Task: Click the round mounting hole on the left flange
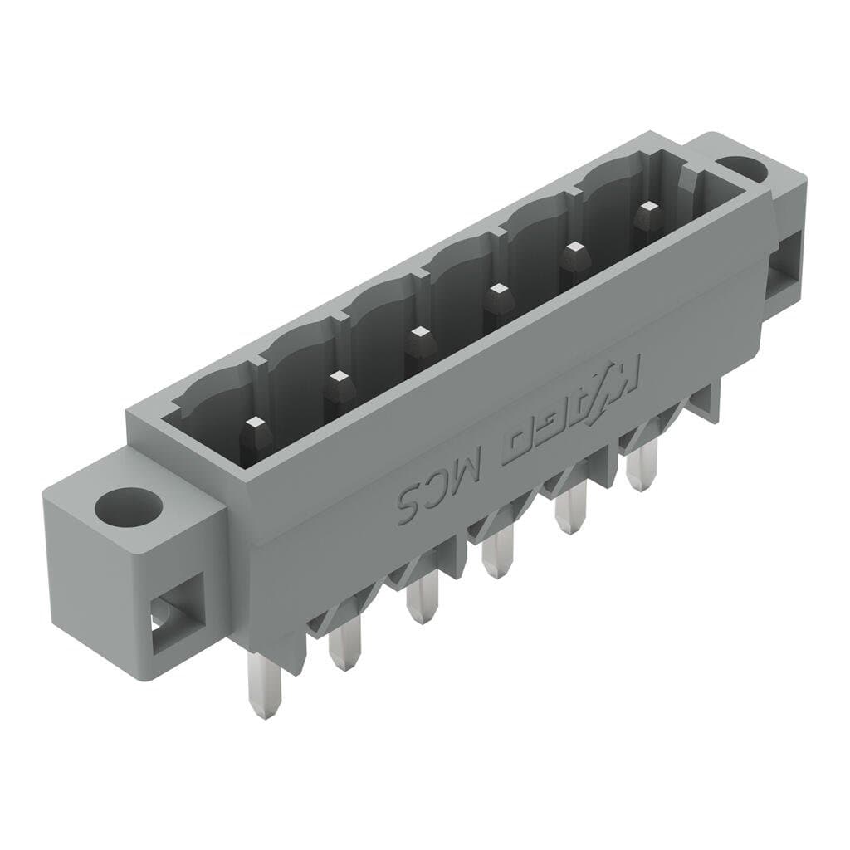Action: click(x=128, y=506)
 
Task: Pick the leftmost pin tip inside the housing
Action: click(x=255, y=429)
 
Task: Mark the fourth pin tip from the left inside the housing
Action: click(x=498, y=291)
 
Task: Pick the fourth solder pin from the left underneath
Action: click(x=498, y=554)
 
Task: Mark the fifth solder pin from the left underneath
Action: click(x=571, y=513)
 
